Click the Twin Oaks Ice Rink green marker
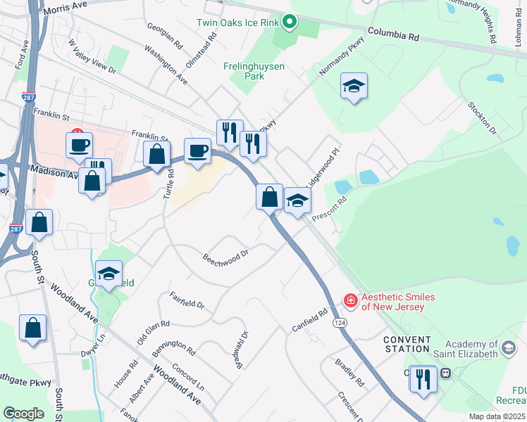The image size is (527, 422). point(289,23)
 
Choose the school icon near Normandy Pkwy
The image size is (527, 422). point(354,87)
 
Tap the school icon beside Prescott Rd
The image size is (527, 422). point(297,202)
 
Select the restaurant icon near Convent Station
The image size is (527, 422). point(423,379)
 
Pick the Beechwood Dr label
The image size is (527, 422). point(225,256)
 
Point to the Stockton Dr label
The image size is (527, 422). point(482,117)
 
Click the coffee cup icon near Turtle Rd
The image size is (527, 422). point(199,151)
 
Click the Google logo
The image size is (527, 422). point(23,414)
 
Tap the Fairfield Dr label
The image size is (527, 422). point(187,300)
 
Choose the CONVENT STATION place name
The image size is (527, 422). point(407,344)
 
